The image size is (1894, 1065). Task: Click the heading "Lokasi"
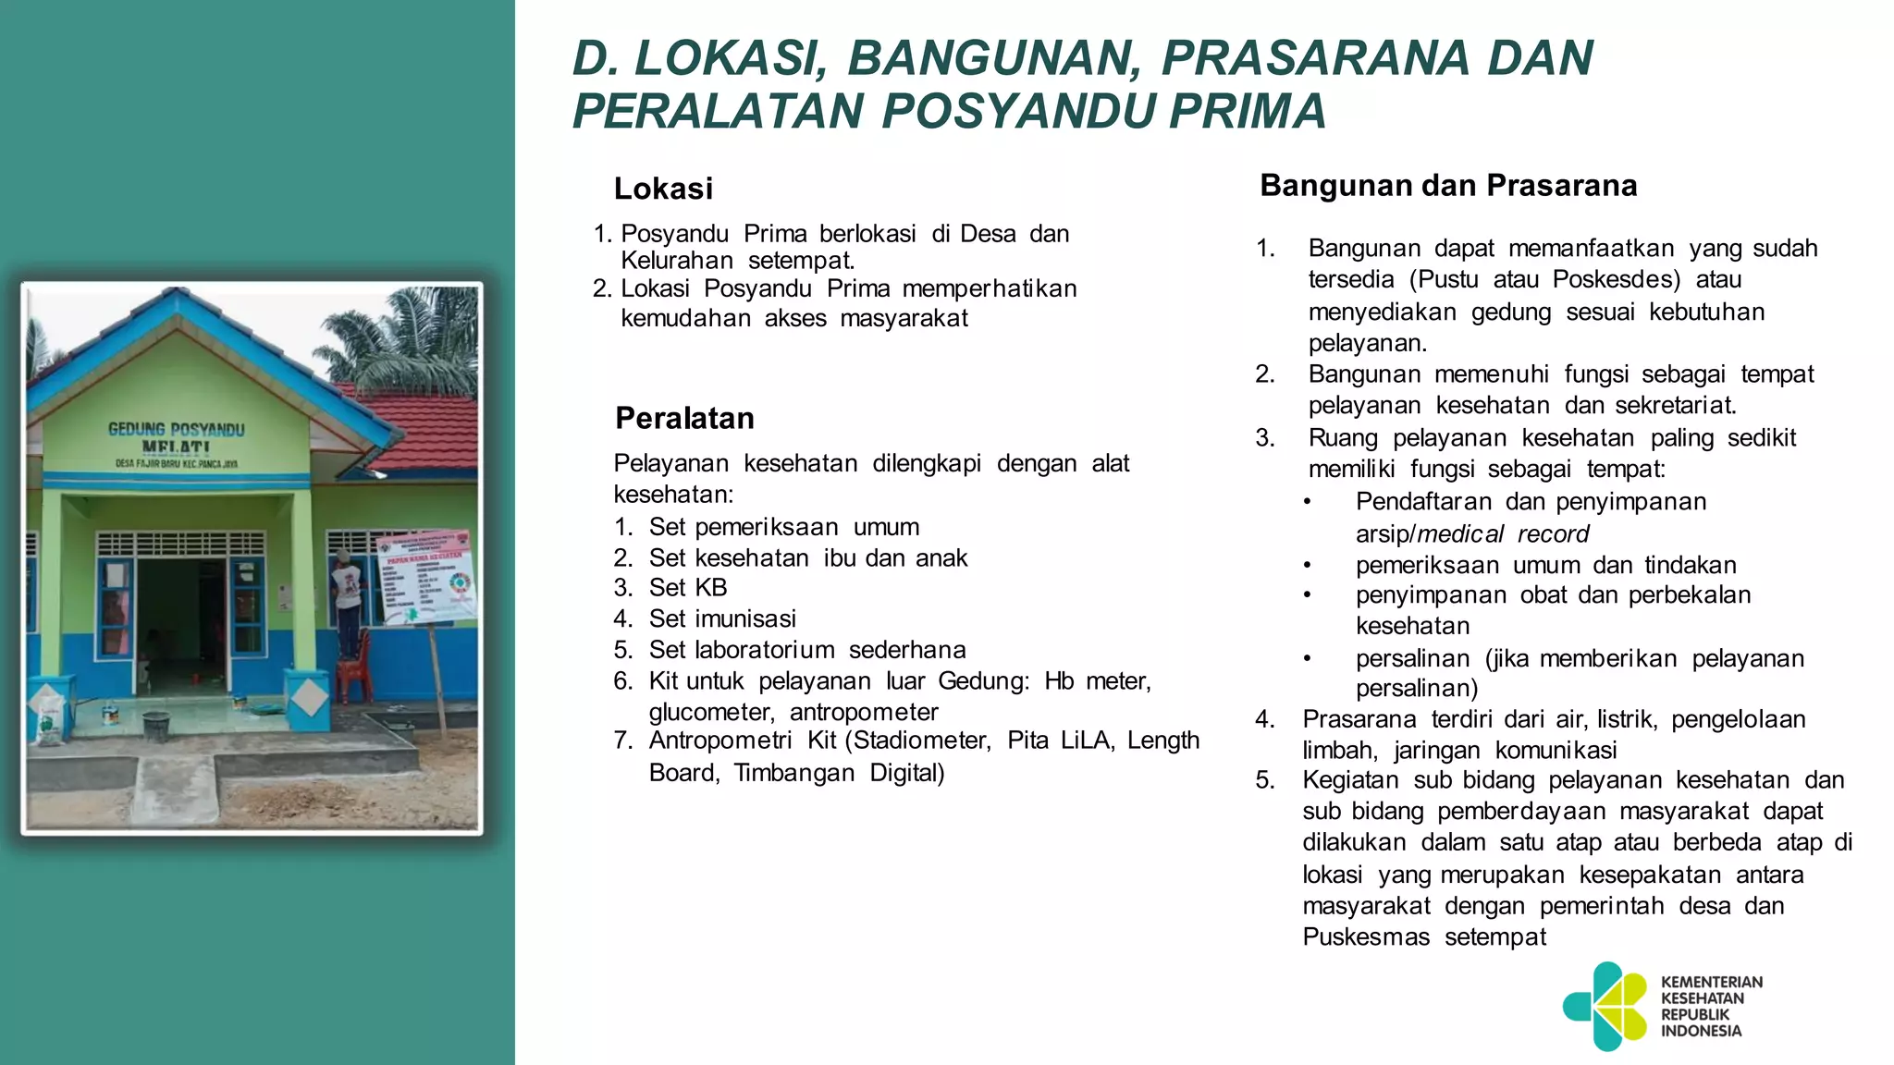663,189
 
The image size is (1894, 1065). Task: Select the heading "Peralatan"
684,418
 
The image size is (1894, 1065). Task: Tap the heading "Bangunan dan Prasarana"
1448,185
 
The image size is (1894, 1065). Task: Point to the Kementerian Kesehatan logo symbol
1605,1006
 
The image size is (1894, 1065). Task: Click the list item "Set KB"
688,588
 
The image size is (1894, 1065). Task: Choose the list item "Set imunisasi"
722,618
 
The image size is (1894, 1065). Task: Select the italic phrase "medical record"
1503,533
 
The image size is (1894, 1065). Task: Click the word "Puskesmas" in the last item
1366,936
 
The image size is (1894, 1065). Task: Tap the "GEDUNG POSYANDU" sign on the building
177,429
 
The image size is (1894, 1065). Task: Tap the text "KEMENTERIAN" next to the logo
1712,982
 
